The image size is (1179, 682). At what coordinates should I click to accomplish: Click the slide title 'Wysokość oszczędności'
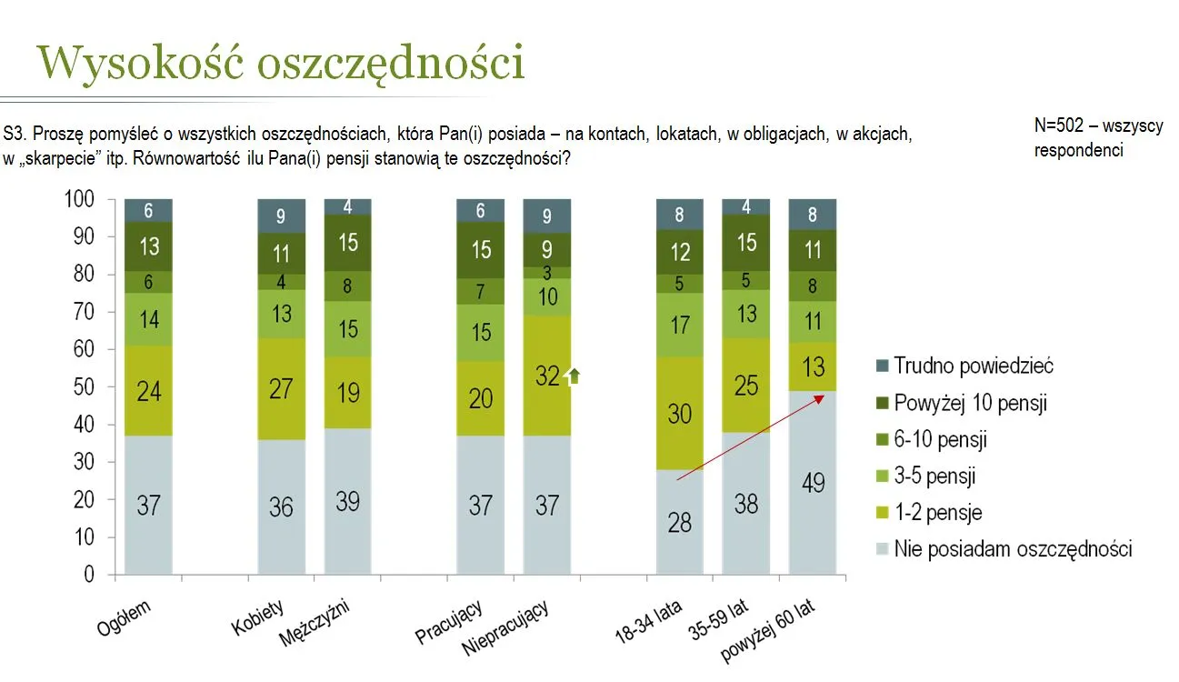281,63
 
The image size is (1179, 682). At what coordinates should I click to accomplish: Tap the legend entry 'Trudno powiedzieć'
974,366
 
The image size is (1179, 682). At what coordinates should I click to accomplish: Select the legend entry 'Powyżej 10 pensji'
970,403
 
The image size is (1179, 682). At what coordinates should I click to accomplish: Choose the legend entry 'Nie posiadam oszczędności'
1013,549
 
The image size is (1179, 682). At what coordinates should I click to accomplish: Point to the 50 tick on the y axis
82,387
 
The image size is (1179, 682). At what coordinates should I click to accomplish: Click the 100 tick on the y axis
80,199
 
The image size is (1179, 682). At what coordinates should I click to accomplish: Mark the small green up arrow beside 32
572,376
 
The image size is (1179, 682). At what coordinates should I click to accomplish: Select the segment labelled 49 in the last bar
813,482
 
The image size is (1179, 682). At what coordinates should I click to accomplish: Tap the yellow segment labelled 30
680,414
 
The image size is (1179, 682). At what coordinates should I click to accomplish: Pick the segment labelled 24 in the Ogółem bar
149,391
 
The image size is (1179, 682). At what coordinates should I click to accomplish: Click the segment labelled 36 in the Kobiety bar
281,506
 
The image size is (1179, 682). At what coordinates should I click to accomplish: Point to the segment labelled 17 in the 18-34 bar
680,325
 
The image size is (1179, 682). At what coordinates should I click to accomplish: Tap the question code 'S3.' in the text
15,134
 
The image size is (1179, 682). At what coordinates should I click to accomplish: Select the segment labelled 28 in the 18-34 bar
680,522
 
